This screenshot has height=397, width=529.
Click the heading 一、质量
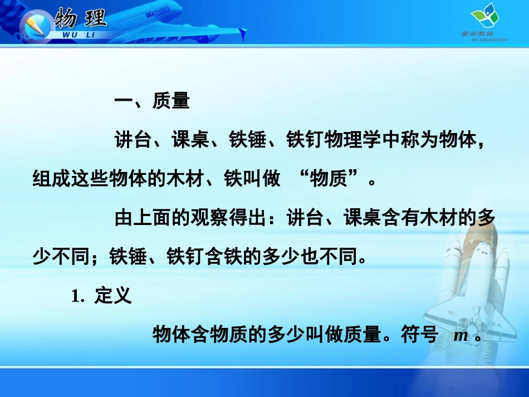click(x=151, y=102)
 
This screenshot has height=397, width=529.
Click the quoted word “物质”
click(x=334, y=179)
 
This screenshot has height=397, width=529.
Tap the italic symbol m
click(x=461, y=335)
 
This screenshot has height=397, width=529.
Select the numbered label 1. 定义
click(x=101, y=296)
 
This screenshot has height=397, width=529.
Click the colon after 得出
click(x=278, y=219)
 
